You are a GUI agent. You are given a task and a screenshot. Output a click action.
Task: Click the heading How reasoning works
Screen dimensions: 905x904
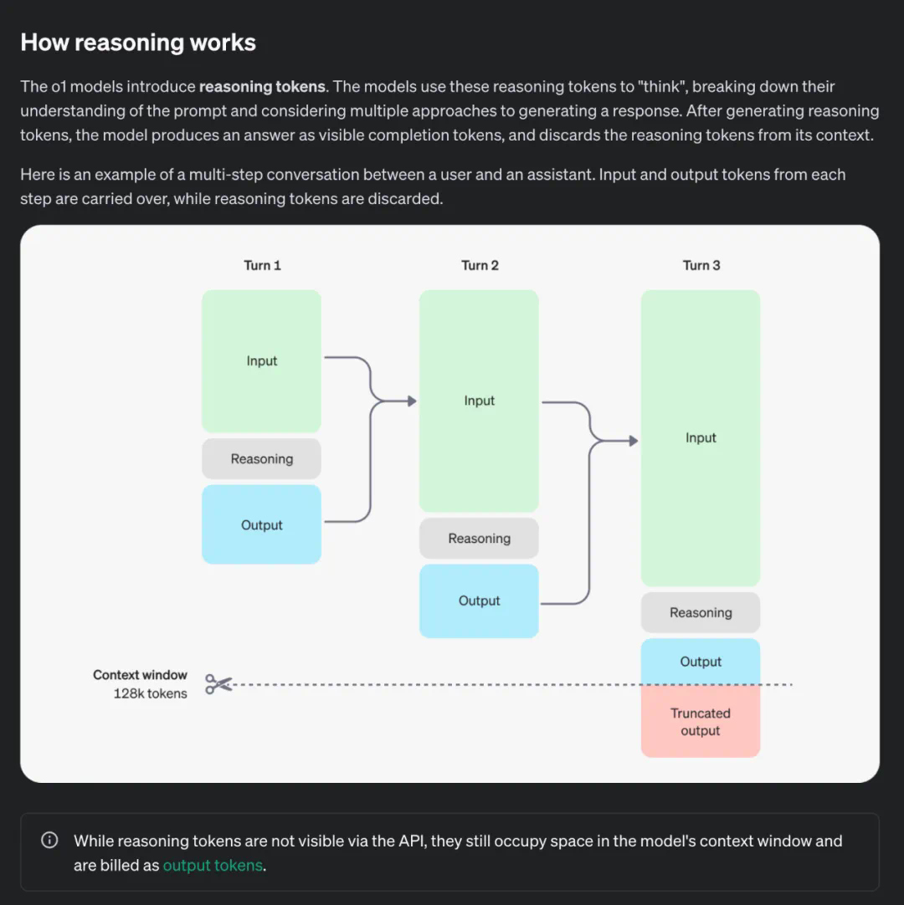click(138, 43)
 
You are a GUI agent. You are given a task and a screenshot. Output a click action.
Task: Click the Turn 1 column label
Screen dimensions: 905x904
click(262, 265)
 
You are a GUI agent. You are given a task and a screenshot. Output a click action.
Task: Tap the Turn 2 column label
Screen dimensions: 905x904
click(480, 265)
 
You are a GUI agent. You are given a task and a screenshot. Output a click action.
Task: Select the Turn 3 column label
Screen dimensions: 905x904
click(701, 265)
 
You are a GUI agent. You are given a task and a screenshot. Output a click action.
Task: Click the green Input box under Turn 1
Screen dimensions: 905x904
click(261, 361)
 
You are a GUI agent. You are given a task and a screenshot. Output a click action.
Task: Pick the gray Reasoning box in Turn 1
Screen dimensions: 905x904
click(261, 458)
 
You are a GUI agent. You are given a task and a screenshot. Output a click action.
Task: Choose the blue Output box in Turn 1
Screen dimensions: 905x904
click(261, 524)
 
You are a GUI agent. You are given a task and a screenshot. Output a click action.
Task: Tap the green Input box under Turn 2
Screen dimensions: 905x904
click(479, 401)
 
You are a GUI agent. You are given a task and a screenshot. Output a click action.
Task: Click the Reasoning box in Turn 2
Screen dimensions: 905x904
click(479, 538)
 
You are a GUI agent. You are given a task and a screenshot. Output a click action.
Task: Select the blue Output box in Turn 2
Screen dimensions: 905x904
click(479, 601)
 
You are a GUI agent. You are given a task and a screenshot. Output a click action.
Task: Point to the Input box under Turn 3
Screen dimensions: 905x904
click(701, 437)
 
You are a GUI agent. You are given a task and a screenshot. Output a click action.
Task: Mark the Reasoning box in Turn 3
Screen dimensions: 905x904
click(701, 612)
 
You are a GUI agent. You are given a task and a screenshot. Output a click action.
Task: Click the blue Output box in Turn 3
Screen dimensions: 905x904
click(701, 662)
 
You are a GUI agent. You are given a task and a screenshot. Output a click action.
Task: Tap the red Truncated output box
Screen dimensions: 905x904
click(701, 722)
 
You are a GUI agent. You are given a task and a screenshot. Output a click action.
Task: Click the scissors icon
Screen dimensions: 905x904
click(218, 685)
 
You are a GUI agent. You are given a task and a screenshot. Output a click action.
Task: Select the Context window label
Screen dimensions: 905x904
click(140, 675)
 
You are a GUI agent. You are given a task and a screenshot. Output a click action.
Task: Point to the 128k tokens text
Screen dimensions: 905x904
click(151, 693)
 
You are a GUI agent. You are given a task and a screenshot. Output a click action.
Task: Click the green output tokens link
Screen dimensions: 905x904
click(213, 866)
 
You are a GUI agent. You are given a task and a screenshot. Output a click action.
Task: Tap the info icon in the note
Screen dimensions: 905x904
click(49, 841)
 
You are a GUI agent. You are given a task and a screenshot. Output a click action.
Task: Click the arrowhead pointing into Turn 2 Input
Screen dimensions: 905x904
click(412, 401)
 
